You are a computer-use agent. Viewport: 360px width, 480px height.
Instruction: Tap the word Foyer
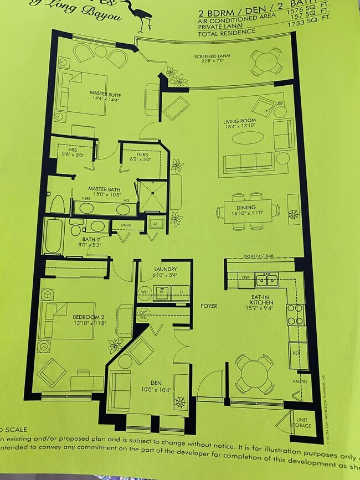[209, 306]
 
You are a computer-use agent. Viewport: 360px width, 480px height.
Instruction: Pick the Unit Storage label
[304, 423]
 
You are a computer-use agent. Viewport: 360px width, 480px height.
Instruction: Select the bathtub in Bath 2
[54, 236]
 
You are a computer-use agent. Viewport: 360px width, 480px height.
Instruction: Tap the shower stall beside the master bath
[152, 196]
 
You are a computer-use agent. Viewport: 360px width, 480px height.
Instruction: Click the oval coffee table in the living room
[247, 138]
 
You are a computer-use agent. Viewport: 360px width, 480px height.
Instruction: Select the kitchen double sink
[267, 280]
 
